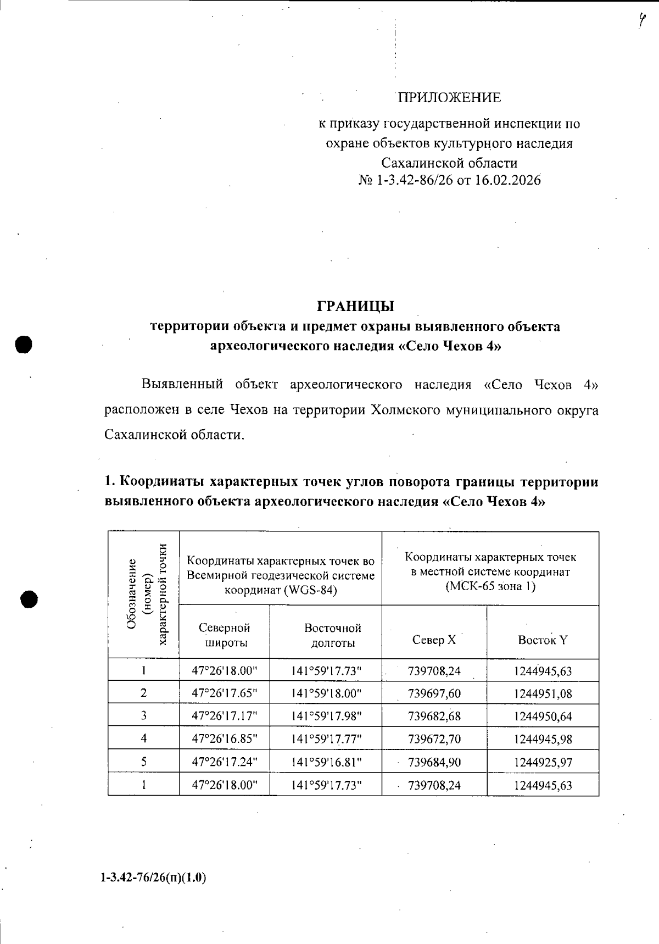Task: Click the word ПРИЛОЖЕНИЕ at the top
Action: pos(449,98)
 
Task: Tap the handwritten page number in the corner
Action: pos(641,23)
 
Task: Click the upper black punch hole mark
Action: pos(24,344)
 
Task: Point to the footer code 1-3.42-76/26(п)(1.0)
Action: pos(153,878)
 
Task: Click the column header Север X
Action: pos(434,640)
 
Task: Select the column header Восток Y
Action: pos(543,640)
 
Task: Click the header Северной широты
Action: pos(224,635)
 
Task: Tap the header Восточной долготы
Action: pos(332,635)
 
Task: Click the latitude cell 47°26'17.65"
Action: pos(224,693)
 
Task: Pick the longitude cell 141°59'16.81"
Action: pos(326,762)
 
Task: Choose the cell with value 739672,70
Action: pos(434,739)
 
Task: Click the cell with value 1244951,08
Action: pos(543,693)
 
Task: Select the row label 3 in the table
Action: pos(143,716)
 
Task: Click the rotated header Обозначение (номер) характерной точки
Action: pos(144,596)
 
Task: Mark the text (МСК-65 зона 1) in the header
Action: pos(490,586)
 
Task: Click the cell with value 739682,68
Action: pos(434,716)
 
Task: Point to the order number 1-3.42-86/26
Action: pos(415,181)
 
